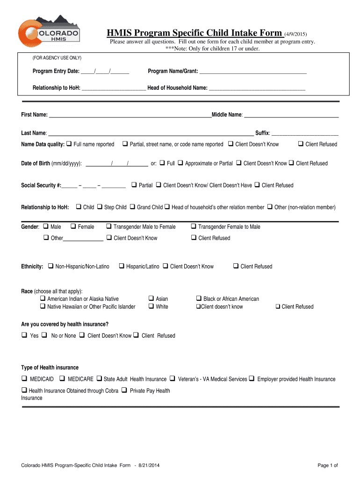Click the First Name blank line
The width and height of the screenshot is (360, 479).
130,115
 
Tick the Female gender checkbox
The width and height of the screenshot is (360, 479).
73,226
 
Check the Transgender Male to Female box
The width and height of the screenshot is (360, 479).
109,226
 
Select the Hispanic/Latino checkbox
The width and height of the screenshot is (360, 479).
122,266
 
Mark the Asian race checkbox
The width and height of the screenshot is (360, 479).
151,298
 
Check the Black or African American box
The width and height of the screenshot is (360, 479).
199,298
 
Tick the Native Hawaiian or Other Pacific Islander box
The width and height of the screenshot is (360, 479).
43,306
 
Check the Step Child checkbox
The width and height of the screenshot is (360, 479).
100,207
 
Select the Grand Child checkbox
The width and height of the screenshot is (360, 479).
132,207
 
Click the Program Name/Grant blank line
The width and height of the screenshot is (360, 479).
253,72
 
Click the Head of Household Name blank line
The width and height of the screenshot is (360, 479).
257,88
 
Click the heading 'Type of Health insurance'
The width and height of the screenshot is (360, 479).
50,367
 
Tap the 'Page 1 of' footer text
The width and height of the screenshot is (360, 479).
327,465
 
